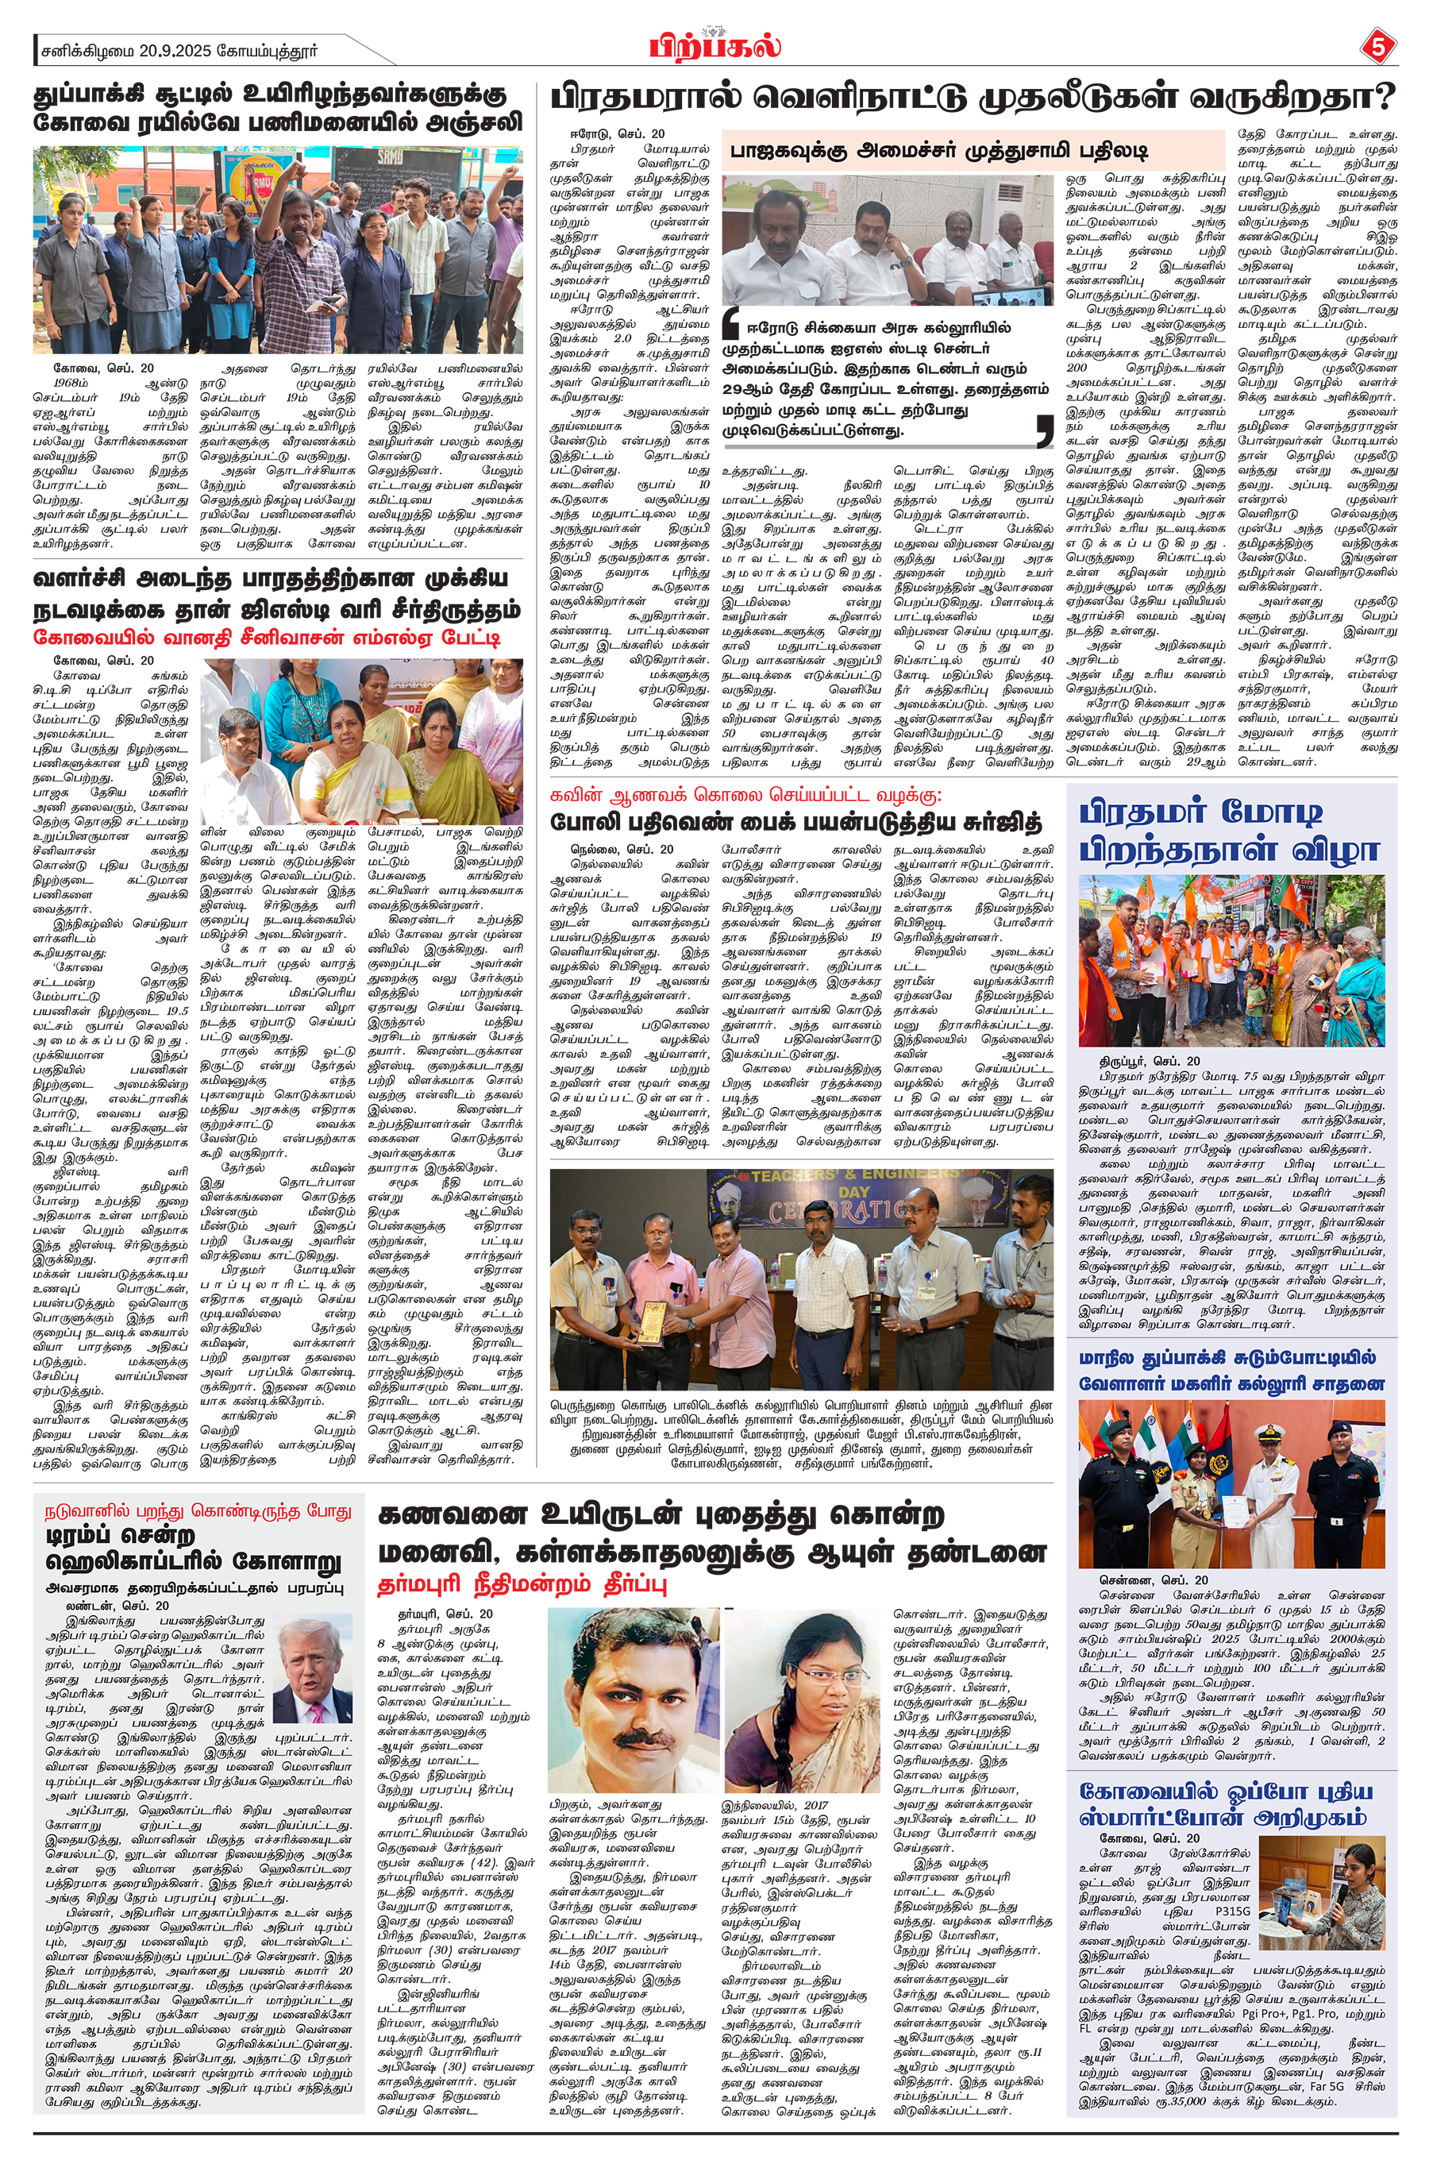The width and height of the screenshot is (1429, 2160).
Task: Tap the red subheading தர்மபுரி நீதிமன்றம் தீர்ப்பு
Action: click(522, 1583)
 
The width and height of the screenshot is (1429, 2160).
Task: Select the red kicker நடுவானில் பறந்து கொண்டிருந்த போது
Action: click(198, 1511)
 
